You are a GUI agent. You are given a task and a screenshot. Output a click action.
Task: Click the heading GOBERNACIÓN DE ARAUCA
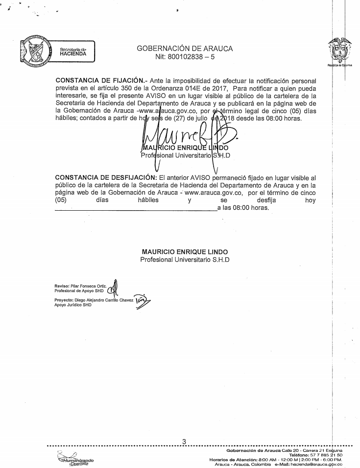click(x=185, y=49)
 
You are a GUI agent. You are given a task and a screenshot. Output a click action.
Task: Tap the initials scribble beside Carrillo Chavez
click(x=142, y=301)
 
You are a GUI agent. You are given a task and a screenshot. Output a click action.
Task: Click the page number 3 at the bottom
click(x=184, y=442)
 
